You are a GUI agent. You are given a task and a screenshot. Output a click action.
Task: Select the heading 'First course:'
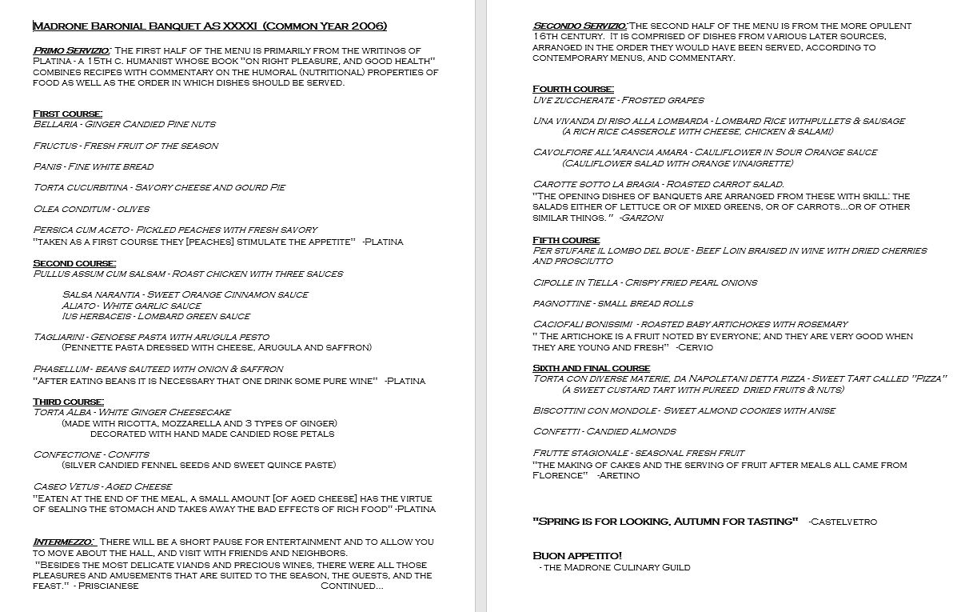68,114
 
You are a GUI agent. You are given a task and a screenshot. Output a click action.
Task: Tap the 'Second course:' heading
74,263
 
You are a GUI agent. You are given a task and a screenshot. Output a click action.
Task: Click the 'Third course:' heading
68,402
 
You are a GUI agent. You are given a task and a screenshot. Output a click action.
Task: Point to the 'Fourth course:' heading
573,89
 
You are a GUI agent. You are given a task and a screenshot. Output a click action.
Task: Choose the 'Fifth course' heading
566,240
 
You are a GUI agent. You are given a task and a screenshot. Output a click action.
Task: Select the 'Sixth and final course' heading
591,368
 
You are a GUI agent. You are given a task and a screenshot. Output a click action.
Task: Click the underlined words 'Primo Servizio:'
71,51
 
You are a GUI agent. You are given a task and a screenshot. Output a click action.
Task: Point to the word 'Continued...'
352,586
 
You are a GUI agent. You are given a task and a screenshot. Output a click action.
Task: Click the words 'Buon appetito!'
577,555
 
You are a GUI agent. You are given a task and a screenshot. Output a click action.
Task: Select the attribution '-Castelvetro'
843,522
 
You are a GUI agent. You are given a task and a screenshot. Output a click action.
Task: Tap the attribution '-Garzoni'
641,218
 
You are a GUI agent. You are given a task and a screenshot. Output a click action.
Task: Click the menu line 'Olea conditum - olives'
91,208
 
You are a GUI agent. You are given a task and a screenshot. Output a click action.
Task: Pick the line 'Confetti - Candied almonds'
604,431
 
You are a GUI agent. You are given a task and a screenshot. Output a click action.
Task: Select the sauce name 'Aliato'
78,306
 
